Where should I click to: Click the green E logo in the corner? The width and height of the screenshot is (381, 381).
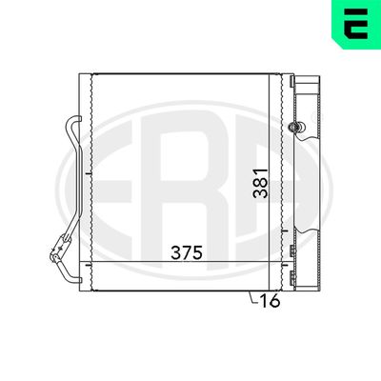tap(353, 27)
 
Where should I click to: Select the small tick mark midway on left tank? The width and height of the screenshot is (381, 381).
tap(86, 176)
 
